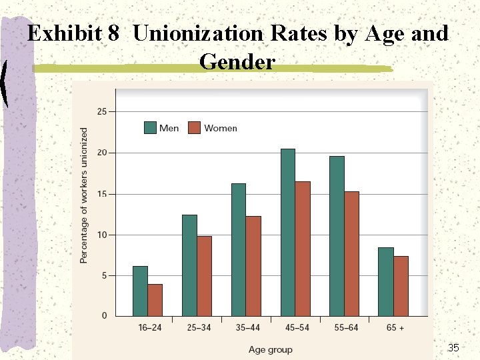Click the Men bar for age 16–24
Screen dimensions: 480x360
pos(140,291)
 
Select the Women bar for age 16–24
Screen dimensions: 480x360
pos(155,300)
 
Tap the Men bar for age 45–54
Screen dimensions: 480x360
pos(288,233)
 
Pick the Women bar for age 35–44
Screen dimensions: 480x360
pos(253,266)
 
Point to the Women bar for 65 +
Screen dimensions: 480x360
pos(401,286)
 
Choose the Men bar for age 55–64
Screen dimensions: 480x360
pos(337,236)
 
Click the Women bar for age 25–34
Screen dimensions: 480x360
pos(205,276)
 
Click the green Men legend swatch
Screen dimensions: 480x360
pos(150,127)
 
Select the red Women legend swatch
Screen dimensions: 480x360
pos(195,127)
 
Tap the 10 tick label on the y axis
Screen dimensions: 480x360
pos(102,235)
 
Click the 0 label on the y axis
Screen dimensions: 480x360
pos(105,315)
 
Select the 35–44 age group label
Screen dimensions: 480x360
pos(247,327)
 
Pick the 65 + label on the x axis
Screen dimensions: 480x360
pos(395,327)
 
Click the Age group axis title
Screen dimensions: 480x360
pos(271,349)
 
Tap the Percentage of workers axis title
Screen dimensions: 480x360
pos(83,195)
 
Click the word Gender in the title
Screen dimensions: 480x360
pos(237,61)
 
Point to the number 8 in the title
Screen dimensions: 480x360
pos(113,33)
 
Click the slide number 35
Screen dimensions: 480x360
pos(453,347)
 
